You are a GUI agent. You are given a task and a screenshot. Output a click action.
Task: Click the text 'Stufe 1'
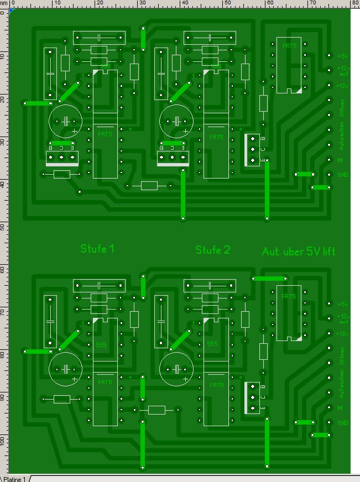point(97,249)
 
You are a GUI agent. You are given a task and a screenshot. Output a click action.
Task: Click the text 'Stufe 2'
point(213,250)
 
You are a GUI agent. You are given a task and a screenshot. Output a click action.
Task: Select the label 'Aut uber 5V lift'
point(299,252)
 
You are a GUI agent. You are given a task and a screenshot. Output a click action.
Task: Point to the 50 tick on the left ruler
point(3,227)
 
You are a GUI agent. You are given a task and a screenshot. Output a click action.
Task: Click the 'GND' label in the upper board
point(343,174)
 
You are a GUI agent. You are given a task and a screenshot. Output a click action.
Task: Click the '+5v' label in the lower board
point(343,304)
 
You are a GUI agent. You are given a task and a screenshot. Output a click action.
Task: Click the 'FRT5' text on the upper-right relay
point(289,46)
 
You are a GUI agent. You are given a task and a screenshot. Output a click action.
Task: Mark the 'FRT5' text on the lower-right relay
point(289,297)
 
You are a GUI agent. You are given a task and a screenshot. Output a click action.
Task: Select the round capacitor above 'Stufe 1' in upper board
point(65,121)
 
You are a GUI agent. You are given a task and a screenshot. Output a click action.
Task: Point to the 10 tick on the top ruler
point(58,3)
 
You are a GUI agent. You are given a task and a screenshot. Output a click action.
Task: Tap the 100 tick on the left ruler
point(3,439)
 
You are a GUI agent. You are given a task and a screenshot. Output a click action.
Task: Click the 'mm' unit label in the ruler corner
point(4,3)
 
